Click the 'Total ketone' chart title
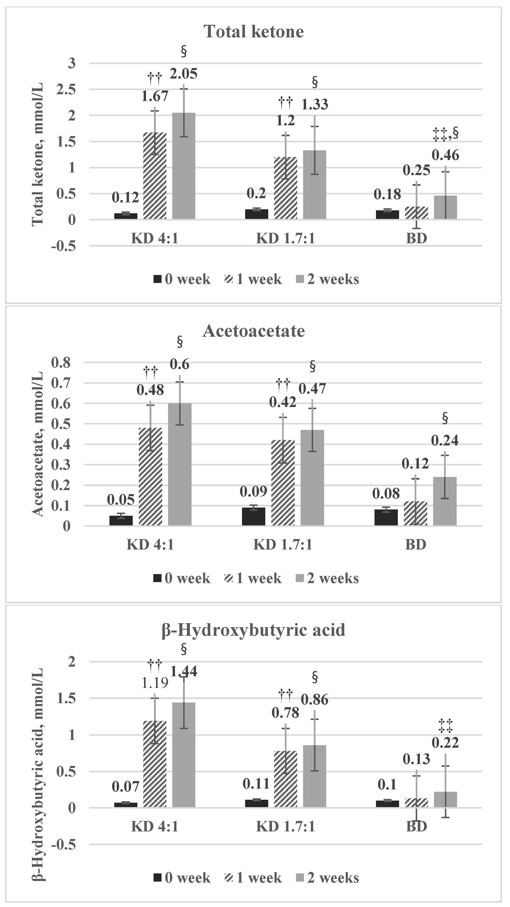click(254, 32)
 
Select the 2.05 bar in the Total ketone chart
click(184, 165)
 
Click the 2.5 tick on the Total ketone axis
click(67, 89)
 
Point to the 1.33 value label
click(315, 104)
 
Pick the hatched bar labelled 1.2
click(285, 188)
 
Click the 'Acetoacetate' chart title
click(254, 331)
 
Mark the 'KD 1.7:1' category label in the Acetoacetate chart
click(283, 545)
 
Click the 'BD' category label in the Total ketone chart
click(416, 239)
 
